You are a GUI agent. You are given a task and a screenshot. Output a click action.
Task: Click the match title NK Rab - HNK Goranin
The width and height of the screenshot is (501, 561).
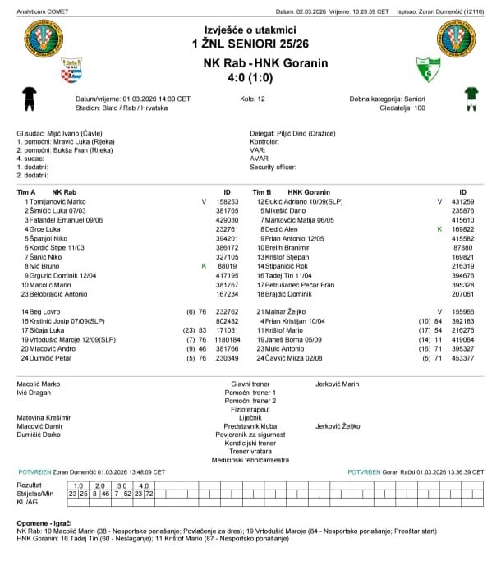click(265, 63)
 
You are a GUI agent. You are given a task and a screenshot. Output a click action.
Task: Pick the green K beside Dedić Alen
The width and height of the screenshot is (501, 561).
click(439, 229)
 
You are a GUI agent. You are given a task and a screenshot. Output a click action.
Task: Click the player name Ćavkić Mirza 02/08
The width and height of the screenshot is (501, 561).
click(291, 357)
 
